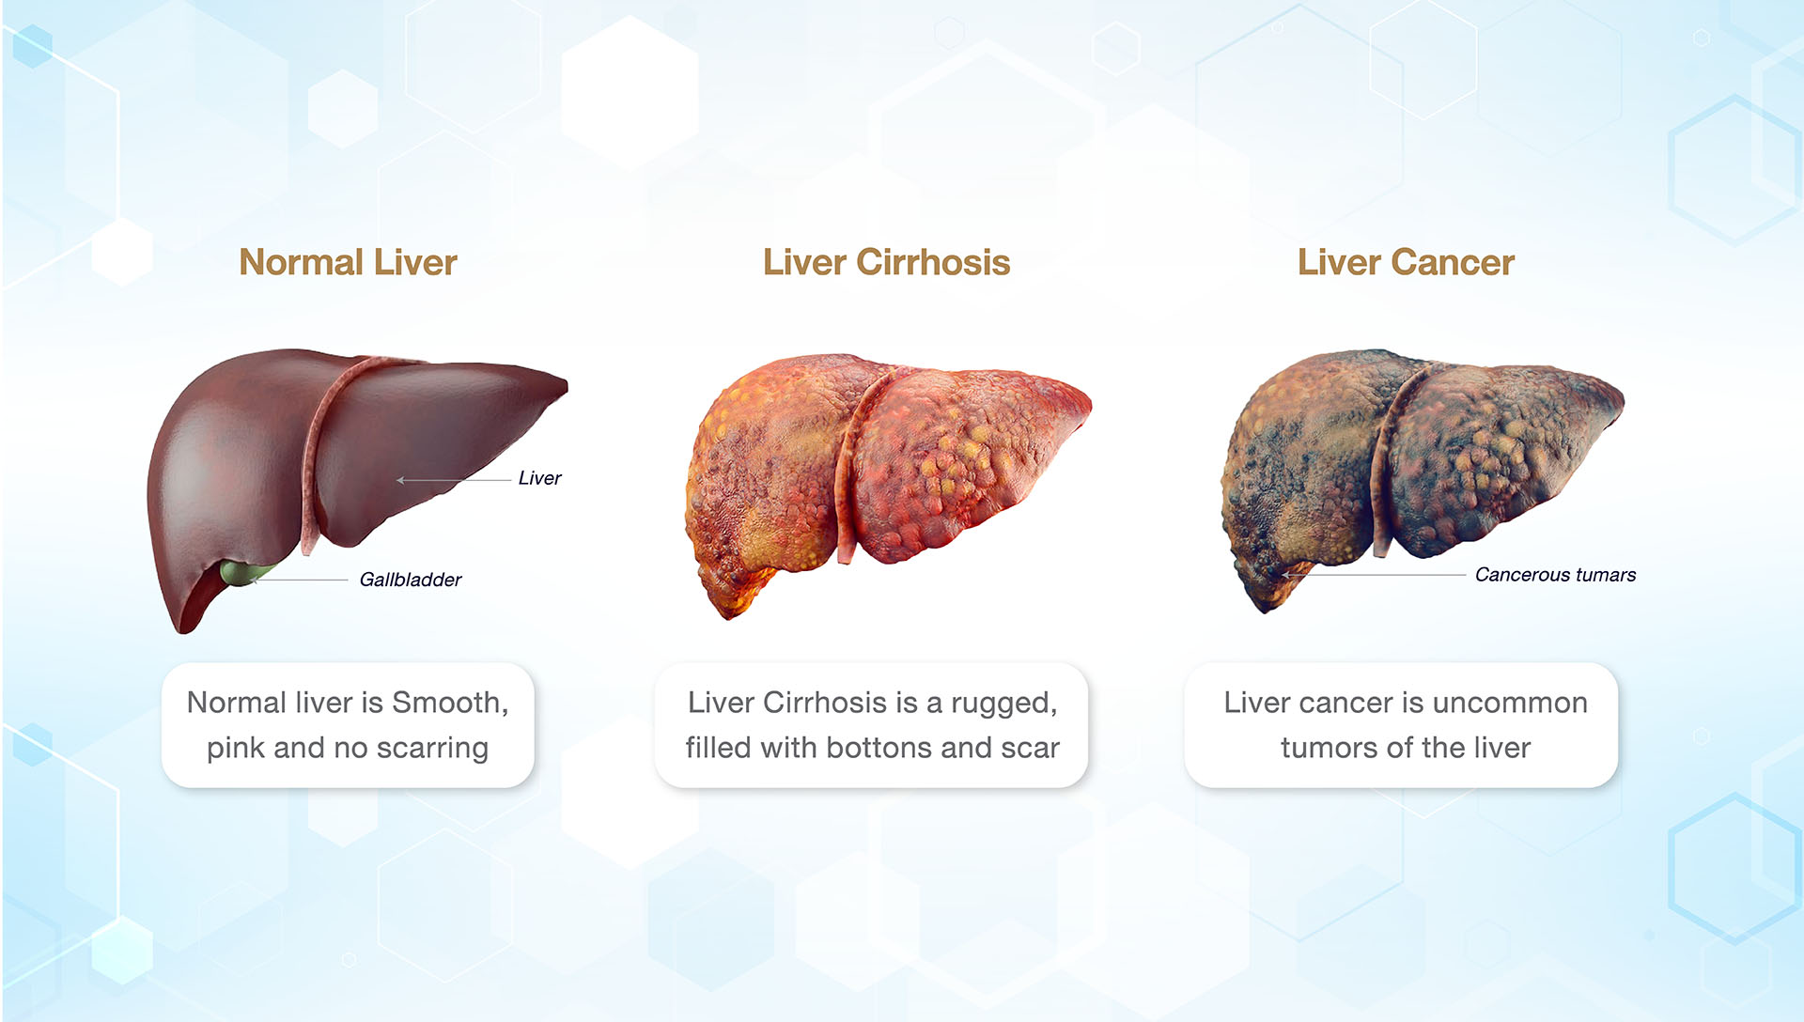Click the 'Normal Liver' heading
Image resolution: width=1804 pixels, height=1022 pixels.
click(x=348, y=262)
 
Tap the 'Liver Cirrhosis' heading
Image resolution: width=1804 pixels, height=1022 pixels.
click(x=886, y=262)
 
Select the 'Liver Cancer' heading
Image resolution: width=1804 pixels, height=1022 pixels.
click(x=1406, y=262)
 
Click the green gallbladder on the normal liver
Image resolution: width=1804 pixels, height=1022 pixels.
click(x=242, y=571)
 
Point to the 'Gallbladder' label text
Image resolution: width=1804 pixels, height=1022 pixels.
click(x=411, y=580)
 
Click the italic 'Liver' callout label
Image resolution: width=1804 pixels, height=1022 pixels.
click(x=539, y=478)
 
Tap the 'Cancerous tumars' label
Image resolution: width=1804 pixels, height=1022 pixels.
click(x=1555, y=575)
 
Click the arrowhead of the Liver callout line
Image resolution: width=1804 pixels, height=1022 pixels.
click(x=400, y=480)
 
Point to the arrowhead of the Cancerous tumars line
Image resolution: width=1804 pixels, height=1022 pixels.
click(x=1286, y=575)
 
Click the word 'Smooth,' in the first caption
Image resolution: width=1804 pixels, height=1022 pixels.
click(x=450, y=703)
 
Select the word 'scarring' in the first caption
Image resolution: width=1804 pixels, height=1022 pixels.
click(x=432, y=748)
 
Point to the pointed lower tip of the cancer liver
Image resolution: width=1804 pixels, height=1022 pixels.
click(x=1265, y=608)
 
